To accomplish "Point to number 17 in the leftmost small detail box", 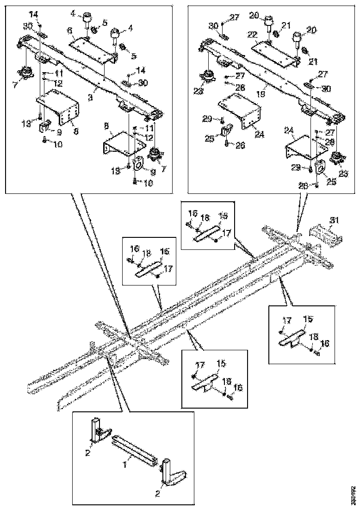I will pyautogui.click(x=157, y=267).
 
